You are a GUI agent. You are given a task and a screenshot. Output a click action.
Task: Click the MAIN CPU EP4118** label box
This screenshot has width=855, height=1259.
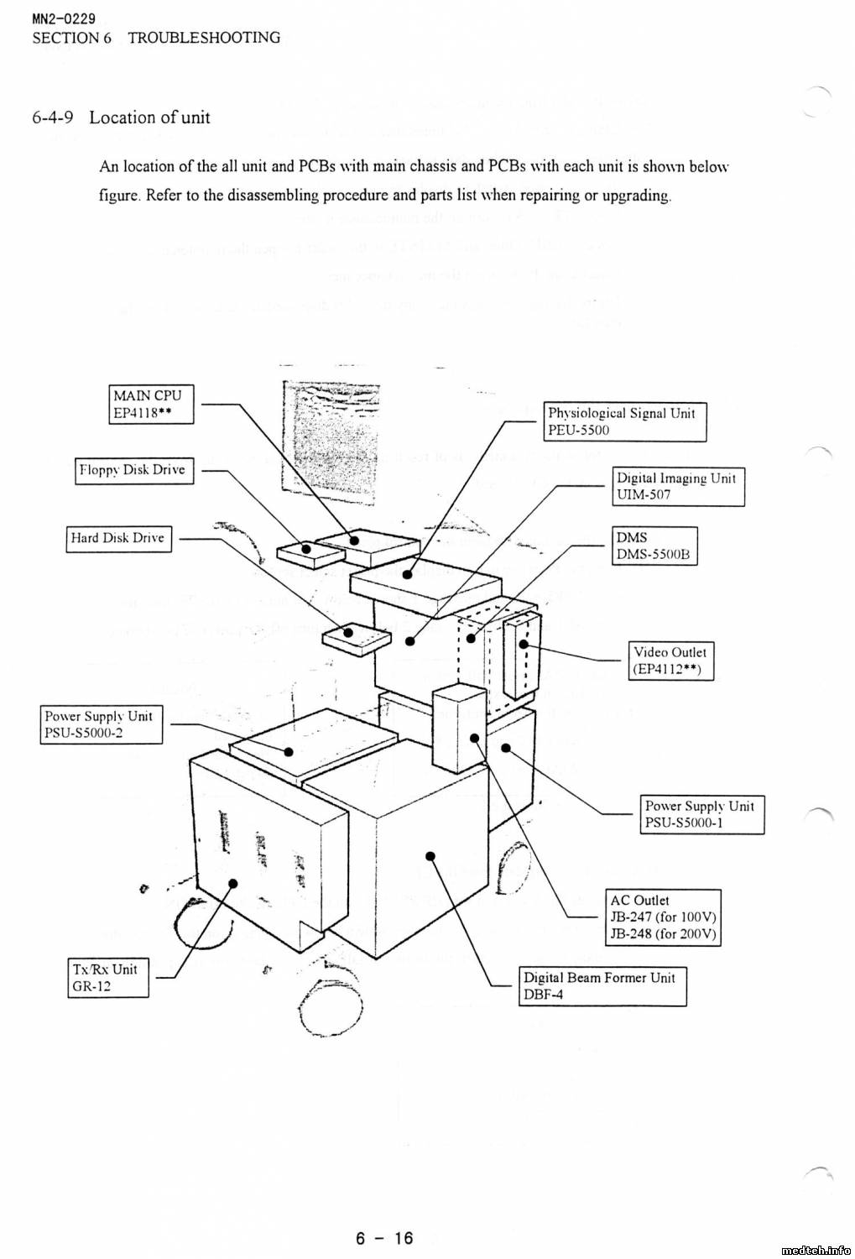coord(152,404)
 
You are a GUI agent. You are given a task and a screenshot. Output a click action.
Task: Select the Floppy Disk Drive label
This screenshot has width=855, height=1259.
coord(134,470)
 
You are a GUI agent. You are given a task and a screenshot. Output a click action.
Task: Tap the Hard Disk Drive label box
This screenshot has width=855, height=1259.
coord(118,538)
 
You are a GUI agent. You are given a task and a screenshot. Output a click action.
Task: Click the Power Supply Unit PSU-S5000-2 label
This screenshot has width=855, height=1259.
coord(102,725)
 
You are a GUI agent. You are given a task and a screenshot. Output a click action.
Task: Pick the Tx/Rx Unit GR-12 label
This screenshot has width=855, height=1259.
coord(107,977)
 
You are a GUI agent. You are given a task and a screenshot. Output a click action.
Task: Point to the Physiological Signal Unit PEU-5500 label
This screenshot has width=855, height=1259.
coord(625,421)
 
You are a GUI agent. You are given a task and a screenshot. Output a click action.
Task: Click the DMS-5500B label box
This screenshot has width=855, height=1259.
coord(654,546)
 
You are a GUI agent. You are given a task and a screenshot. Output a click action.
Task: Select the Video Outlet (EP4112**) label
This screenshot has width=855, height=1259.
coord(670,661)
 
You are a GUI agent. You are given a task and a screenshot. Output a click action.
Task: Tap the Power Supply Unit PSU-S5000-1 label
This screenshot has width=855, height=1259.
coord(703,814)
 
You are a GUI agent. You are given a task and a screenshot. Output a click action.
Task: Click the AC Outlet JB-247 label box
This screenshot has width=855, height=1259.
coord(663,917)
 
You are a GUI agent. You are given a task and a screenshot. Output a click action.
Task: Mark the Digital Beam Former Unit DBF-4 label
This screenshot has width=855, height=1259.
coord(602,986)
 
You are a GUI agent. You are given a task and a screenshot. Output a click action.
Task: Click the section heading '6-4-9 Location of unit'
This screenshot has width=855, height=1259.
coord(122,118)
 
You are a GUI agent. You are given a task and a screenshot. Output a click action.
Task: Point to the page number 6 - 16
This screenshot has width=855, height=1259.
coord(385,1238)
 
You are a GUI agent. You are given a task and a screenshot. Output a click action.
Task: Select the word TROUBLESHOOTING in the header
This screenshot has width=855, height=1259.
coord(204,38)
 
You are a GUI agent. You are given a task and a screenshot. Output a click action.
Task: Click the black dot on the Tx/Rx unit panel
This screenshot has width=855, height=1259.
coord(233,883)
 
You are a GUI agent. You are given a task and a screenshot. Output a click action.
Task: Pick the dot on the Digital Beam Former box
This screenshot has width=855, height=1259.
coord(430,856)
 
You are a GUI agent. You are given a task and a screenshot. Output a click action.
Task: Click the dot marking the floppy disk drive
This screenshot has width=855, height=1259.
coord(306,551)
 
